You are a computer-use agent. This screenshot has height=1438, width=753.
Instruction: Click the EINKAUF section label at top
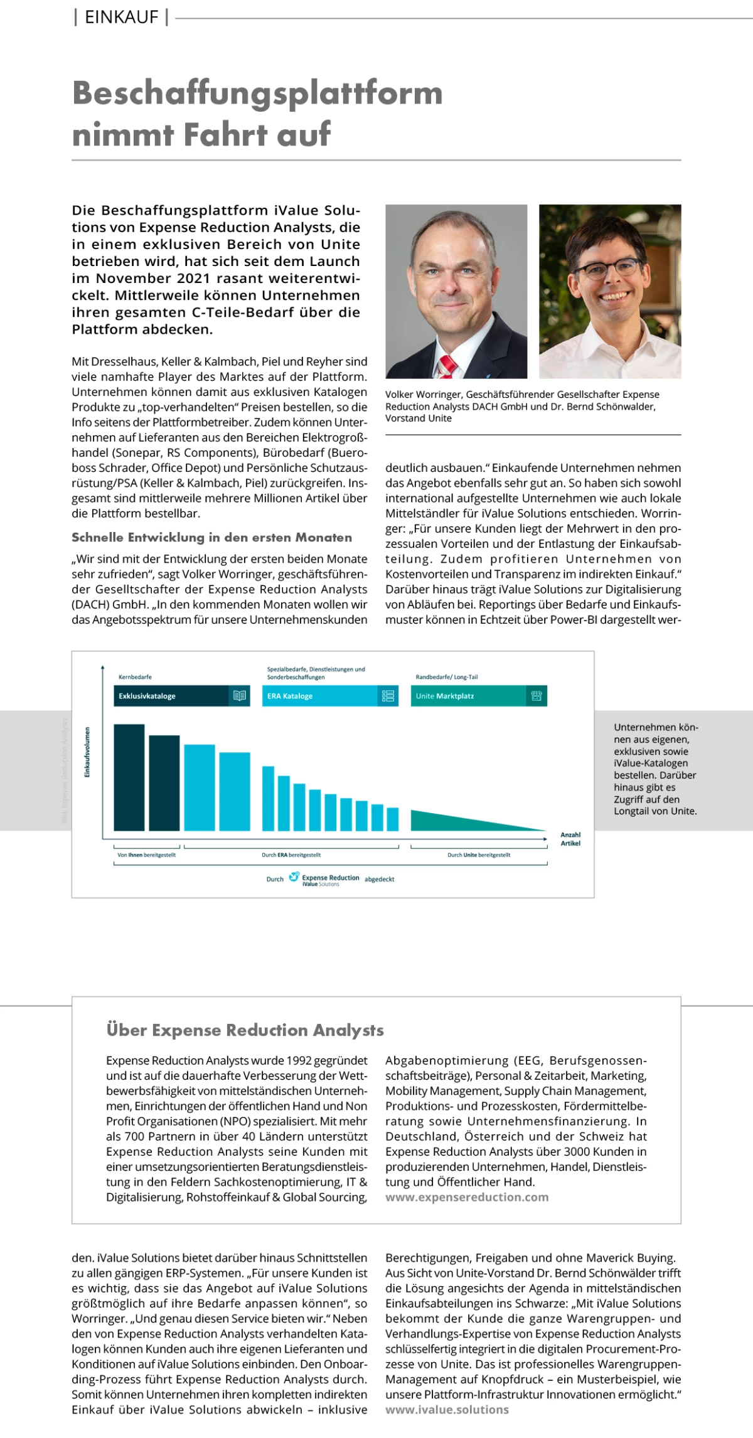coord(121,18)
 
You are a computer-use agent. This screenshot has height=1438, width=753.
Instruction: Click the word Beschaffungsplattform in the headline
coord(257,93)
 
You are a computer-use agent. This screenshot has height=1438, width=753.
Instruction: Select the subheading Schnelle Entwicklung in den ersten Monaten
coord(211,538)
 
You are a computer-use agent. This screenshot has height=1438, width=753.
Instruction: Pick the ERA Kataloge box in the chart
coord(320,696)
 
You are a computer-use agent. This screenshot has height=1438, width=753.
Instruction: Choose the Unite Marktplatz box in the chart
coord(467,696)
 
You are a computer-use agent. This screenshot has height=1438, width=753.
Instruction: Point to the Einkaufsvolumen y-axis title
coord(87,752)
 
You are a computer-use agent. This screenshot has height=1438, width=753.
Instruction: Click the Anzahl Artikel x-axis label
coord(570,839)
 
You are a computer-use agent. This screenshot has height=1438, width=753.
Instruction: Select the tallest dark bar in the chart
coord(129,777)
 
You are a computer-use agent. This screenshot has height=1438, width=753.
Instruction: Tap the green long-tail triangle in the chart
coord(452,819)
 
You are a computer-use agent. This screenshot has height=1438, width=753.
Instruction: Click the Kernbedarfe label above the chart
coord(135,677)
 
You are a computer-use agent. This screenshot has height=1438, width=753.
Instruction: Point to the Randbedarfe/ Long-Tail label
coord(447,677)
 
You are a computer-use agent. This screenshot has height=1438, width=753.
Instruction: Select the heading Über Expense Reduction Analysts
coord(245,1030)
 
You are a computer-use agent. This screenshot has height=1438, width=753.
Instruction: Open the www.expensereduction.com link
coord(467,1197)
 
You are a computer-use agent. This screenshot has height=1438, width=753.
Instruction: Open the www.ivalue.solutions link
coord(447,1410)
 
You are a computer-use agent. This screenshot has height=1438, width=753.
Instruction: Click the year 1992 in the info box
coord(299,1061)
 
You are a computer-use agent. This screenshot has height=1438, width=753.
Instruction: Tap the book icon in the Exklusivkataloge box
coord(239,696)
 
